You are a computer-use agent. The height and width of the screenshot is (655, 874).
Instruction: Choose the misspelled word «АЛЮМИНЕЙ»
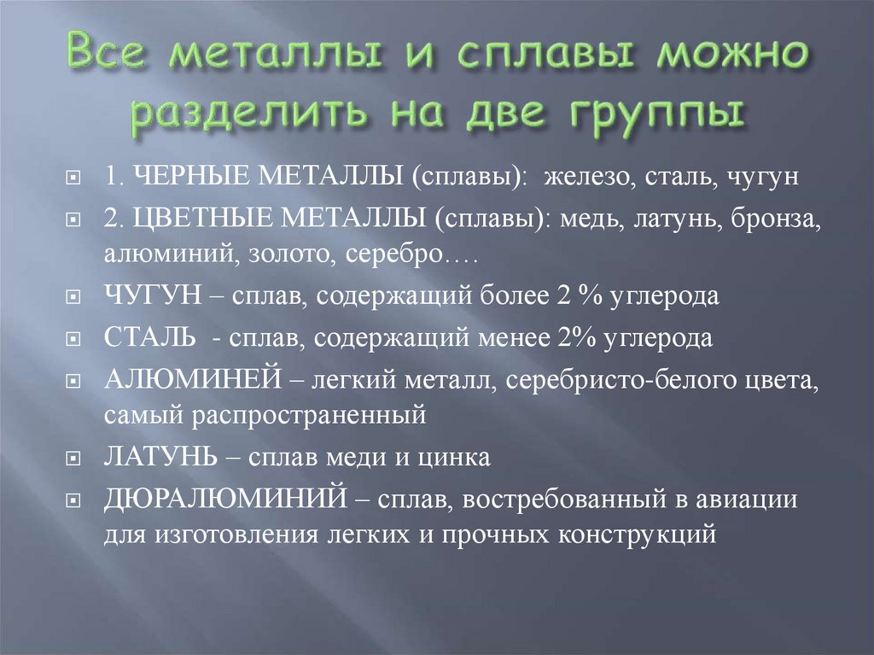coord(179,377)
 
